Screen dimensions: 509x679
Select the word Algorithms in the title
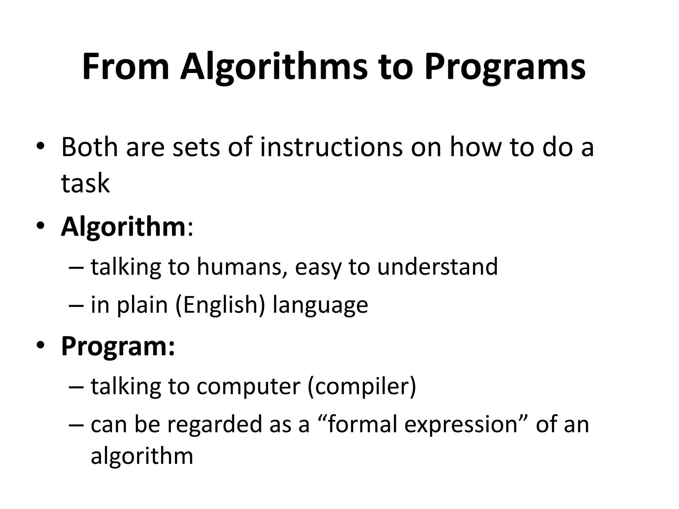click(x=274, y=67)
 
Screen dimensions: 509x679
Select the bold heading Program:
click(x=118, y=346)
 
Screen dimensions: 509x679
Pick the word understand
click(x=437, y=266)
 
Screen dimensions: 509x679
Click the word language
click(x=320, y=305)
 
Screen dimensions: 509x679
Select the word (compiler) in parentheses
click(x=361, y=386)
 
